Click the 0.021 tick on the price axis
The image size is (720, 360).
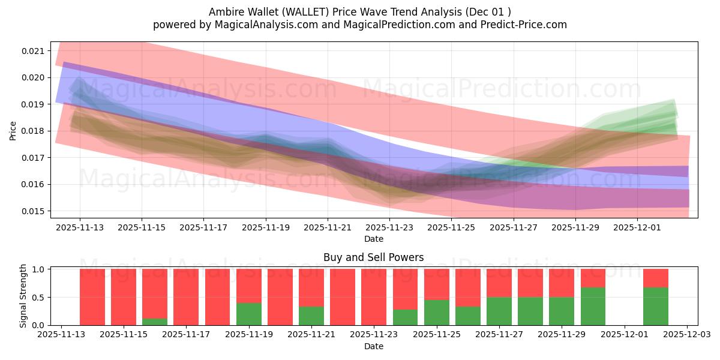tap(34, 51)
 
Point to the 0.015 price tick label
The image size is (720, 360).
tap(34, 211)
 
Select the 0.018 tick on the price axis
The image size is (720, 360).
tap(34, 131)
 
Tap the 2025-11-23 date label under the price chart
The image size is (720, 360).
tap(389, 228)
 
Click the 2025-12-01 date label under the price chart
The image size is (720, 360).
tap(637, 228)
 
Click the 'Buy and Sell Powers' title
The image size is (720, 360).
tap(373, 257)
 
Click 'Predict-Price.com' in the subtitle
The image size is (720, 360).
tap(526, 25)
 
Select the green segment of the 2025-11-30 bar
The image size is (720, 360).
tap(593, 306)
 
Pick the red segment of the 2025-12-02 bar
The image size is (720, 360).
tap(655, 278)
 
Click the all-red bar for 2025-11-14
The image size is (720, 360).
tap(92, 297)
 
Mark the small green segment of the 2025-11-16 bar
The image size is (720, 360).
tap(155, 322)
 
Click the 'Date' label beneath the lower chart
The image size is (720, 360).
tap(373, 346)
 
